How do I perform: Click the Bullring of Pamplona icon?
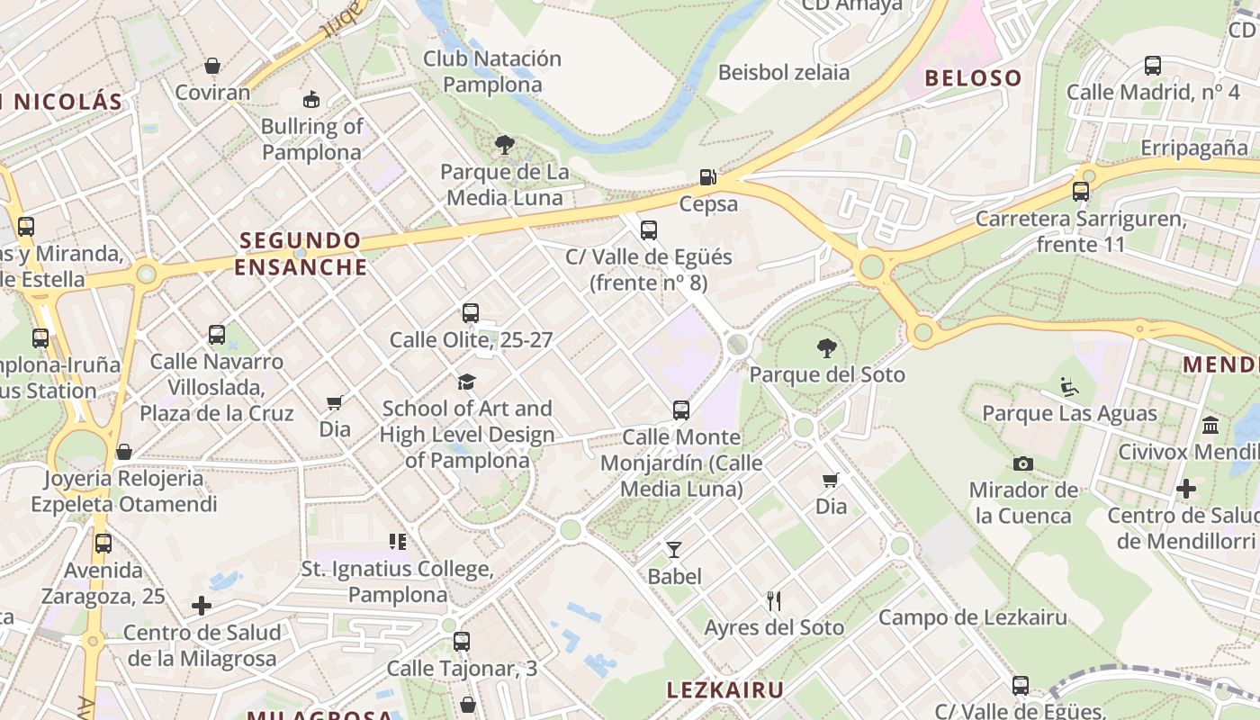(x=311, y=99)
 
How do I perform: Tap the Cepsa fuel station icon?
(x=709, y=177)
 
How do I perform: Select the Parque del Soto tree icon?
(x=826, y=348)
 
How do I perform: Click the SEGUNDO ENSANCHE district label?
(x=301, y=254)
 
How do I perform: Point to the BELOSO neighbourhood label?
(x=973, y=78)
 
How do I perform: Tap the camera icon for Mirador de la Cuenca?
(x=1023, y=463)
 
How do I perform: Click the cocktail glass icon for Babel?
(x=674, y=549)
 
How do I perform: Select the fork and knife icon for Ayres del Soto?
(x=774, y=600)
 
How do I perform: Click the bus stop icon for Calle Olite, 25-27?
(x=471, y=313)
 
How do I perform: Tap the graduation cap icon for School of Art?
(x=466, y=382)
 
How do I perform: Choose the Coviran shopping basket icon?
(x=212, y=66)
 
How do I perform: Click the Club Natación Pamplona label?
(x=492, y=72)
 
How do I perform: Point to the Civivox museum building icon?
(x=1210, y=425)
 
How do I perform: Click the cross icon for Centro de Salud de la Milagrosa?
(x=202, y=606)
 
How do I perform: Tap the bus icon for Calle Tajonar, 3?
(x=462, y=642)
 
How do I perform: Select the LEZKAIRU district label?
(x=724, y=690)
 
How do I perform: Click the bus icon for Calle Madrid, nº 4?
(x=1153, y=66)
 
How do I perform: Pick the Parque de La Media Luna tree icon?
(x=505, y=144)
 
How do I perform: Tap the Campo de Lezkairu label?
(x=972, y=617)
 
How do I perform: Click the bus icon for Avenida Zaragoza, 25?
(x=103, y=544)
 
